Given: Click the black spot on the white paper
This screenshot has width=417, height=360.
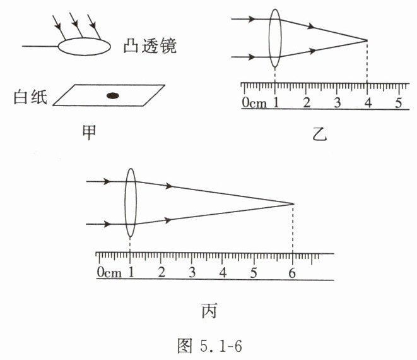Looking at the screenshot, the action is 112,95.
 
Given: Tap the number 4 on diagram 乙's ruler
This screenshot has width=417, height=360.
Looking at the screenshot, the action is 368,102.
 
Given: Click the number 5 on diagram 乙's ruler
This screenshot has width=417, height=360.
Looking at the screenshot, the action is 398,102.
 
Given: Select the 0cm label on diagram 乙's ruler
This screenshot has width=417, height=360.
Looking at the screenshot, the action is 254,103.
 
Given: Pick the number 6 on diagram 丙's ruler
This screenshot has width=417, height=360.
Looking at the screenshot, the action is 291,273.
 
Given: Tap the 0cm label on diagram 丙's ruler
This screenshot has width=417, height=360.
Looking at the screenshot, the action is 109,273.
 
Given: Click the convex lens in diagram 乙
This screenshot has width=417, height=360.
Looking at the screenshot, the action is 275,38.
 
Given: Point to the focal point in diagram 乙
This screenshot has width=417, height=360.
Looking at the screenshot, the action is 367,40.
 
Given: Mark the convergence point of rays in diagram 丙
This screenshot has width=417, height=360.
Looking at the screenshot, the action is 293,203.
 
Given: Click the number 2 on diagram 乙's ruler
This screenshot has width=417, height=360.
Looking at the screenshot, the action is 307,102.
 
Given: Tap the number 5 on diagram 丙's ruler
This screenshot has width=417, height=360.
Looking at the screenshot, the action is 254,273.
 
